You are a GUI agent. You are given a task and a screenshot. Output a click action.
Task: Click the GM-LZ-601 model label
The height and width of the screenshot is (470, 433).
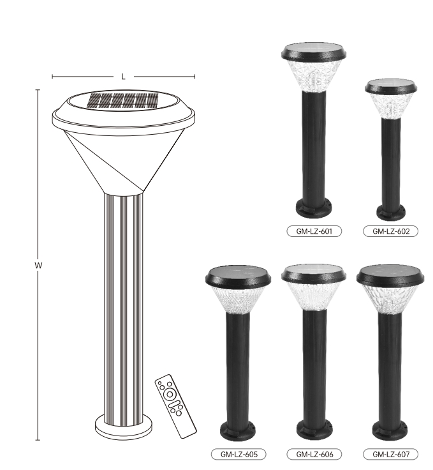click(314, 231)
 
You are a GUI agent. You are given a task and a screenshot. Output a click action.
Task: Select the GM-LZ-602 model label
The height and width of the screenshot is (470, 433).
click(390, 231)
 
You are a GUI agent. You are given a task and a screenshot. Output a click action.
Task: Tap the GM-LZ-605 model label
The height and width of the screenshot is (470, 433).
click(239, 454)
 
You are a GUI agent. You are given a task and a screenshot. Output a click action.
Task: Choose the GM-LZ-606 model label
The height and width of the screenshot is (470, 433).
click(314, 454)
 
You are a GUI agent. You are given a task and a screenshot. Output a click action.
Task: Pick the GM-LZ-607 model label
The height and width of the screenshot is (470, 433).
click(390, 454)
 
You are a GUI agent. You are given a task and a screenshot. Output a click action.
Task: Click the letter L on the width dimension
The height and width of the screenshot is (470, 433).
click(123, 77)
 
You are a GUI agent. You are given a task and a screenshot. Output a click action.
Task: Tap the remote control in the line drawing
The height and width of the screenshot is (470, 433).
click(175, 406)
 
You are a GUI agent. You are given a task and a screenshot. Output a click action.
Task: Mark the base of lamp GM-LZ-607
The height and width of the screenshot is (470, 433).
click(390, 430)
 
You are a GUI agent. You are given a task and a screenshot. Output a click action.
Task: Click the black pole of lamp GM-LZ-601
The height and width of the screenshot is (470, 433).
click(314, 147)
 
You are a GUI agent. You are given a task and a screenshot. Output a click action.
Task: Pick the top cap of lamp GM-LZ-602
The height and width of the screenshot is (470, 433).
click(390, 86)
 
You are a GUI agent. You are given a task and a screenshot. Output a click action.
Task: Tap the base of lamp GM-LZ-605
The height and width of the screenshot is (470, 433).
click(239, 430)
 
